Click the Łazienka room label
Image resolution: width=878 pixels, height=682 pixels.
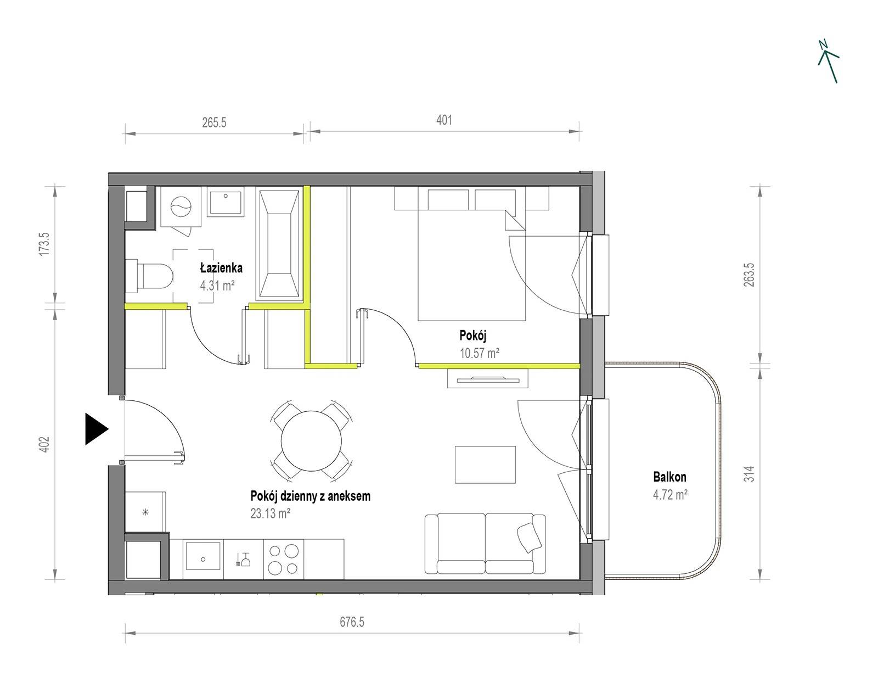pos(221,267)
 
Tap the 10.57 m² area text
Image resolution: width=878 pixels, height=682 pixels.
pos(479,353)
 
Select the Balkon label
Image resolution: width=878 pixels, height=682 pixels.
pos(669,477)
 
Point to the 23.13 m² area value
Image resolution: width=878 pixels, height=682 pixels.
pos(271,513)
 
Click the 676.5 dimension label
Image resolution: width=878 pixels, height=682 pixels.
pos(352,622)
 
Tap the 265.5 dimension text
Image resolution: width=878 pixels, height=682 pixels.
pos(214,122)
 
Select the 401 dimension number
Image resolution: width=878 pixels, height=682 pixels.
pos(444,120)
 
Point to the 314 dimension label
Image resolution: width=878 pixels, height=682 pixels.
pos(749,474)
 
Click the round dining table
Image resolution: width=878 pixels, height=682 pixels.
pos(311,440)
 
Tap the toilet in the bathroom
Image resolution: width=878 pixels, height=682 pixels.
pos(149,277)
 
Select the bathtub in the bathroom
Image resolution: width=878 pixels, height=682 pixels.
pos(279,244)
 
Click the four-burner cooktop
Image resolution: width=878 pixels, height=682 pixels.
pos(284,560)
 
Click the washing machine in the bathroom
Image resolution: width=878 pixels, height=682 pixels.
pos(181,206)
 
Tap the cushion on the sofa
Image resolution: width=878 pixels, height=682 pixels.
pos(529,538)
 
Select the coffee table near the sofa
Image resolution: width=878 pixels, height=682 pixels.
pos(485,465)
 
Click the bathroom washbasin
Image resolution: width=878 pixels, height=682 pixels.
pos(226,202)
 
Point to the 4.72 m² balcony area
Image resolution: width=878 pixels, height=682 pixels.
pos(671,495)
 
